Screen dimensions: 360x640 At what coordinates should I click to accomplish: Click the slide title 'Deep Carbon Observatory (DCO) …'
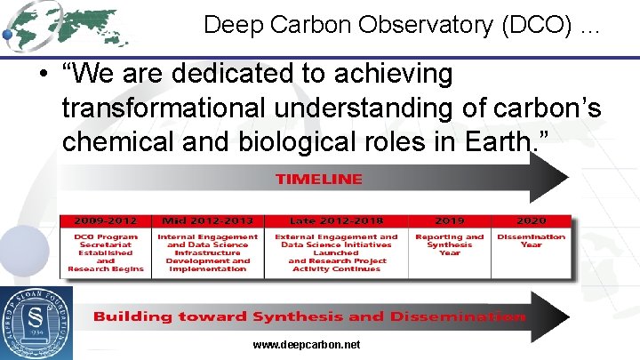[x=402, y=25]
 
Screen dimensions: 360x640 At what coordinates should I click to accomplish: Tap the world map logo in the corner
[x=67, y=24]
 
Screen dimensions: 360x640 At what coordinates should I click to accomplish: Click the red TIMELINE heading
[x=318, y=179]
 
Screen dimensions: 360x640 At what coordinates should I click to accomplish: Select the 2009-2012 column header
[x=105, y=220]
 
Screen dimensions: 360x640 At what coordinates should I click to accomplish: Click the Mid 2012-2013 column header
[x=207, y=220]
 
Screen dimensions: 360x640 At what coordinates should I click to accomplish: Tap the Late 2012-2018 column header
[x=336, y=220]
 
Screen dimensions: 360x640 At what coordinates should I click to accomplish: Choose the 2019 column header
[x=449, y=220]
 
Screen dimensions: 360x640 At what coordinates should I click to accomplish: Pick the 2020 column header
[x=531, y=220]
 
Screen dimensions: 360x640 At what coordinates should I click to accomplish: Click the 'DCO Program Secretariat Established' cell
[x=105, y=252]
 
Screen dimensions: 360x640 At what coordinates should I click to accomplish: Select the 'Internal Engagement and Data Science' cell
[x=207, y=252]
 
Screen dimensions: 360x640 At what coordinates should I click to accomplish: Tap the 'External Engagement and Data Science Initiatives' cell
[x=336, y=252]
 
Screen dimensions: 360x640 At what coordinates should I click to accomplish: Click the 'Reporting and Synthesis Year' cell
[x=449, y=244]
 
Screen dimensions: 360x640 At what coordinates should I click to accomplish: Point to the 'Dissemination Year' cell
[x=531, y=241]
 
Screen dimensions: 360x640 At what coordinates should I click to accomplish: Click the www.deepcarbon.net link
[x=307, y=344]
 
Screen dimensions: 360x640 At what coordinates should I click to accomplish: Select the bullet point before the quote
[x=43, y=76]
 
